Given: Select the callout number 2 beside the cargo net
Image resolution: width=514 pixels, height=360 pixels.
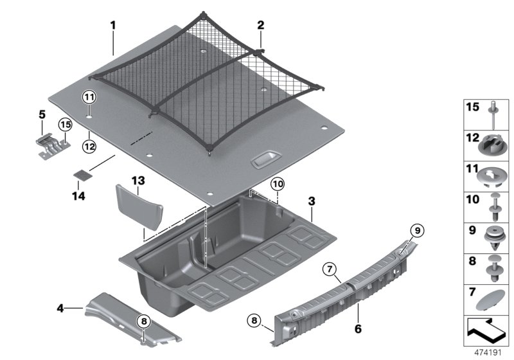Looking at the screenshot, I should click(x=260, y=26).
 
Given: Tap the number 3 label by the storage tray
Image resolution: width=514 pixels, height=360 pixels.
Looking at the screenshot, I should click(x=311, y=201).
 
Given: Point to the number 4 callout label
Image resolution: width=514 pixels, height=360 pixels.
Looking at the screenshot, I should click(x=60, y=309).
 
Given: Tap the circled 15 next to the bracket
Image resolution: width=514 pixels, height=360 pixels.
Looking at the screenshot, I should click(x=65, y=124).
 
